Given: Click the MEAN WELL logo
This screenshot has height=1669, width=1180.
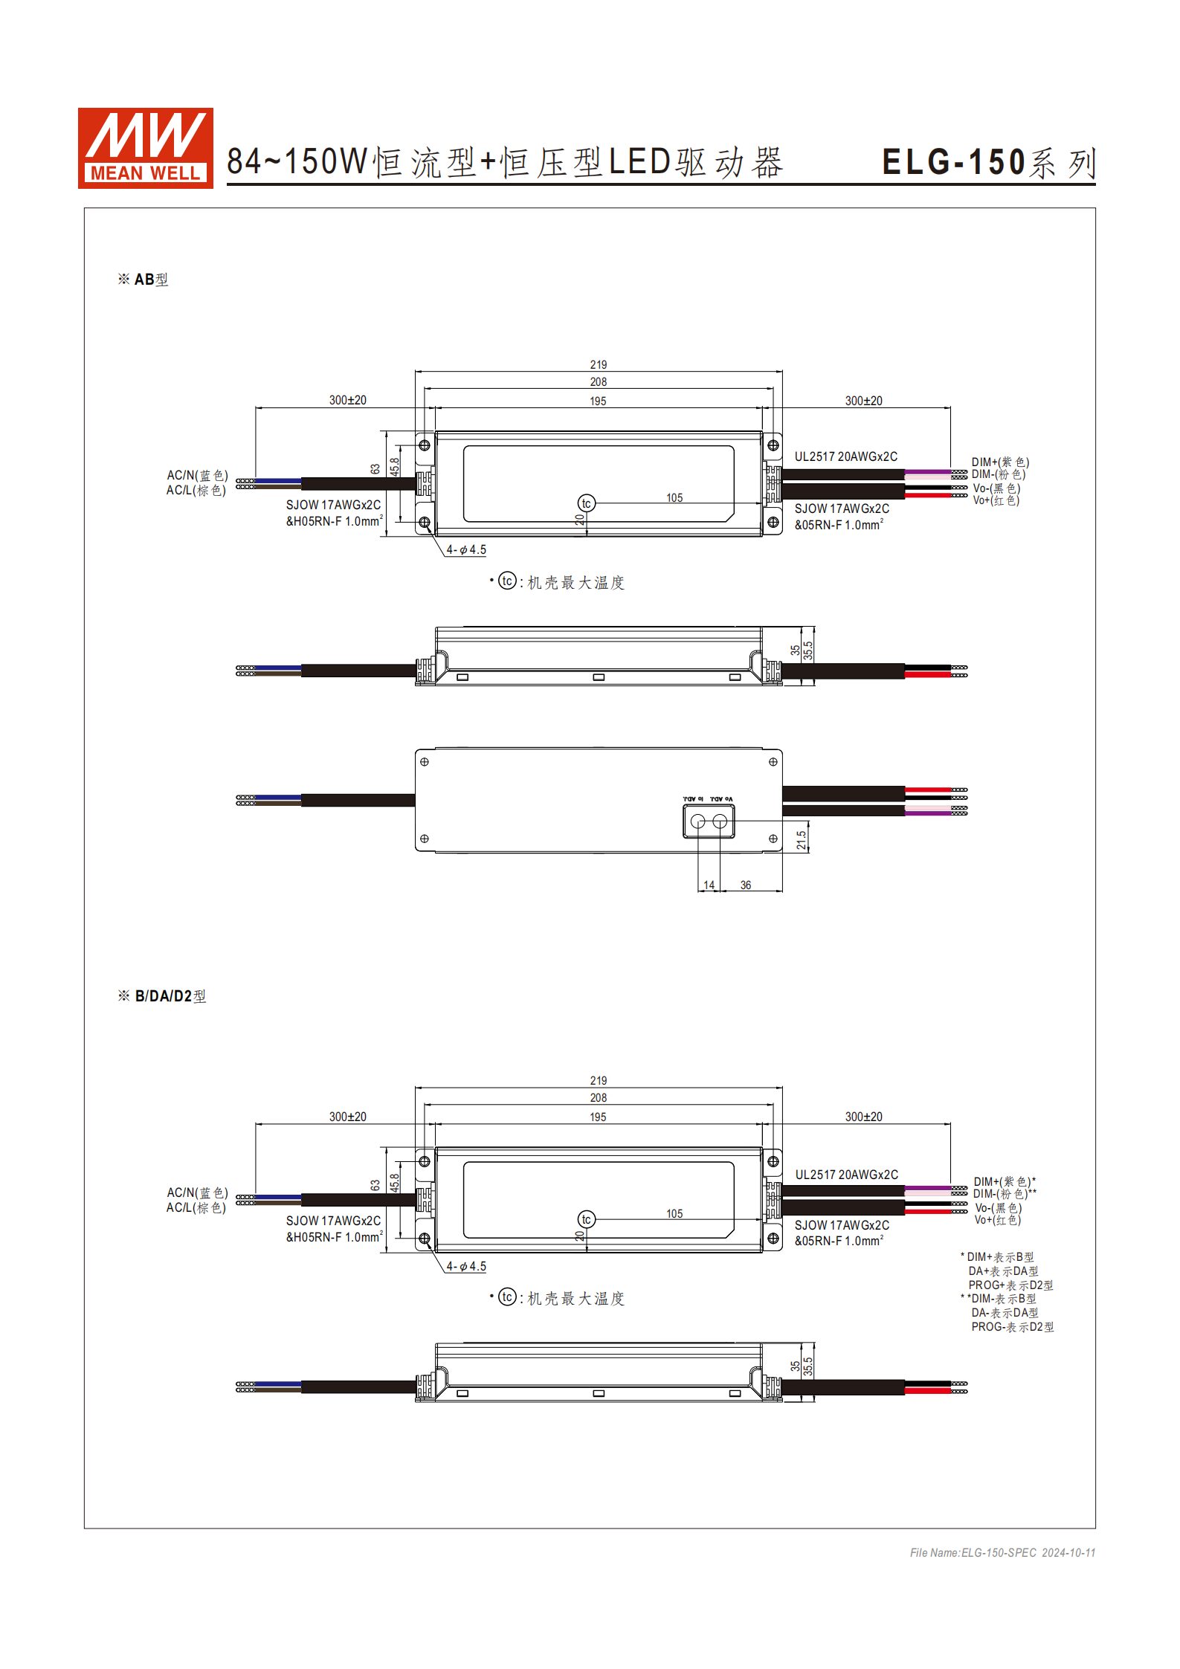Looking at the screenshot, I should (145, 148).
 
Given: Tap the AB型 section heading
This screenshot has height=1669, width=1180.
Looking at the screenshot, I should (144, 280).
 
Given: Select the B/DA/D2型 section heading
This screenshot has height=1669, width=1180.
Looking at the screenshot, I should (162, 996).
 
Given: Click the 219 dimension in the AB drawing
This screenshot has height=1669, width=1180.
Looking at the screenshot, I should (598, 365).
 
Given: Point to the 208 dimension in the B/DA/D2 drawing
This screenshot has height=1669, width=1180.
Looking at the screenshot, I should (598, 1098).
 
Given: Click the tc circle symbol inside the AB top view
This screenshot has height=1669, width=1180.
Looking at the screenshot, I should (586, 503).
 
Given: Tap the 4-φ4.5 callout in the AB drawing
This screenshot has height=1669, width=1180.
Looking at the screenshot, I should (465, 550).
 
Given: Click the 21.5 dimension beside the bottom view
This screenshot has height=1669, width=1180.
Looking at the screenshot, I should (801, 840).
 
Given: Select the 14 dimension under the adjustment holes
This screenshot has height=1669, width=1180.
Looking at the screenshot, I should (709, 885).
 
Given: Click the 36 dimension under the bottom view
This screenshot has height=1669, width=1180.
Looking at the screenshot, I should (745, 885).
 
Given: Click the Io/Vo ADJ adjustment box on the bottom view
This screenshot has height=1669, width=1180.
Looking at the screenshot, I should (709, 821).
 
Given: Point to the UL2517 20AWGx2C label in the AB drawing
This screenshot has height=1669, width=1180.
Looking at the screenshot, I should (845, 456).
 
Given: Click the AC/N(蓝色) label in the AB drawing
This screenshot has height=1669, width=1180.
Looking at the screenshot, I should (197, 475).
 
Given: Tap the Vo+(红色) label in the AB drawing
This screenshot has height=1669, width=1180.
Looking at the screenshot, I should (996, 500).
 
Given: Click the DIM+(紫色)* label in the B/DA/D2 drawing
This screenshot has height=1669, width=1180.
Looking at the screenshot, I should (1004, 1182).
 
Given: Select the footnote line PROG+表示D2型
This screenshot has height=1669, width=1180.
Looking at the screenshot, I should (1010, 1285).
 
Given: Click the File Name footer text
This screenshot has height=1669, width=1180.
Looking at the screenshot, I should (1002, 1553).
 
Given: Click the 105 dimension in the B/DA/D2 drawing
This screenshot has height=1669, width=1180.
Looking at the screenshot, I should (674, 1214).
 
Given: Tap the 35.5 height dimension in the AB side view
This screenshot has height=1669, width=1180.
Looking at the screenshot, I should (807, 651).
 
